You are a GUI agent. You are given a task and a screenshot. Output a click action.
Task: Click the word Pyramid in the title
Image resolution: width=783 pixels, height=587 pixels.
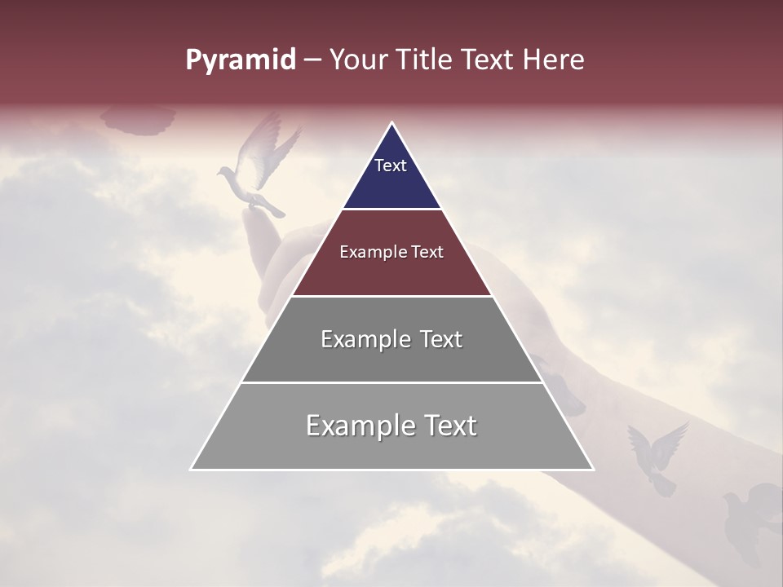pos(240,60)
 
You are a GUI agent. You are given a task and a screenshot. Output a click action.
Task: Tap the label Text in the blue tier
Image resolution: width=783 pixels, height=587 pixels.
pos(391,166)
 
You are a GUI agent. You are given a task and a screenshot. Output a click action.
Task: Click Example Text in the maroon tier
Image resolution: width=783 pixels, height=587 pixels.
pos(391,252)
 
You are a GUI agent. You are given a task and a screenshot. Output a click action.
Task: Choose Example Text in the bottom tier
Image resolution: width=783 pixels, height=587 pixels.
pos(391,426)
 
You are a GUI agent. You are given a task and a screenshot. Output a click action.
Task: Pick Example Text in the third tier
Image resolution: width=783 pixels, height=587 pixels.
pos(391,339)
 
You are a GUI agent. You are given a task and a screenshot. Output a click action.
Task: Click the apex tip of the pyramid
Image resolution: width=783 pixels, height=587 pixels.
pos(392,124)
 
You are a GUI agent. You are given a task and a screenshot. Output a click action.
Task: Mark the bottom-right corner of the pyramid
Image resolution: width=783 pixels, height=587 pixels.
pos(592,469)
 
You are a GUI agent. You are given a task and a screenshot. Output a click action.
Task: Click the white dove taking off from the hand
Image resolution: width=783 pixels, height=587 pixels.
pos(257,167)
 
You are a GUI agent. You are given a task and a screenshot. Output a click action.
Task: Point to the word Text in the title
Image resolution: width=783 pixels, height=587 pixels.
pos(489,60)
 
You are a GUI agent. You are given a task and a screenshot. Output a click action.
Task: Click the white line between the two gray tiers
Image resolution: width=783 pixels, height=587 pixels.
pos(391,382)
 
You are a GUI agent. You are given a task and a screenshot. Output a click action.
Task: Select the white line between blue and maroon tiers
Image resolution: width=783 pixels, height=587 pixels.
pos(391,209)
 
